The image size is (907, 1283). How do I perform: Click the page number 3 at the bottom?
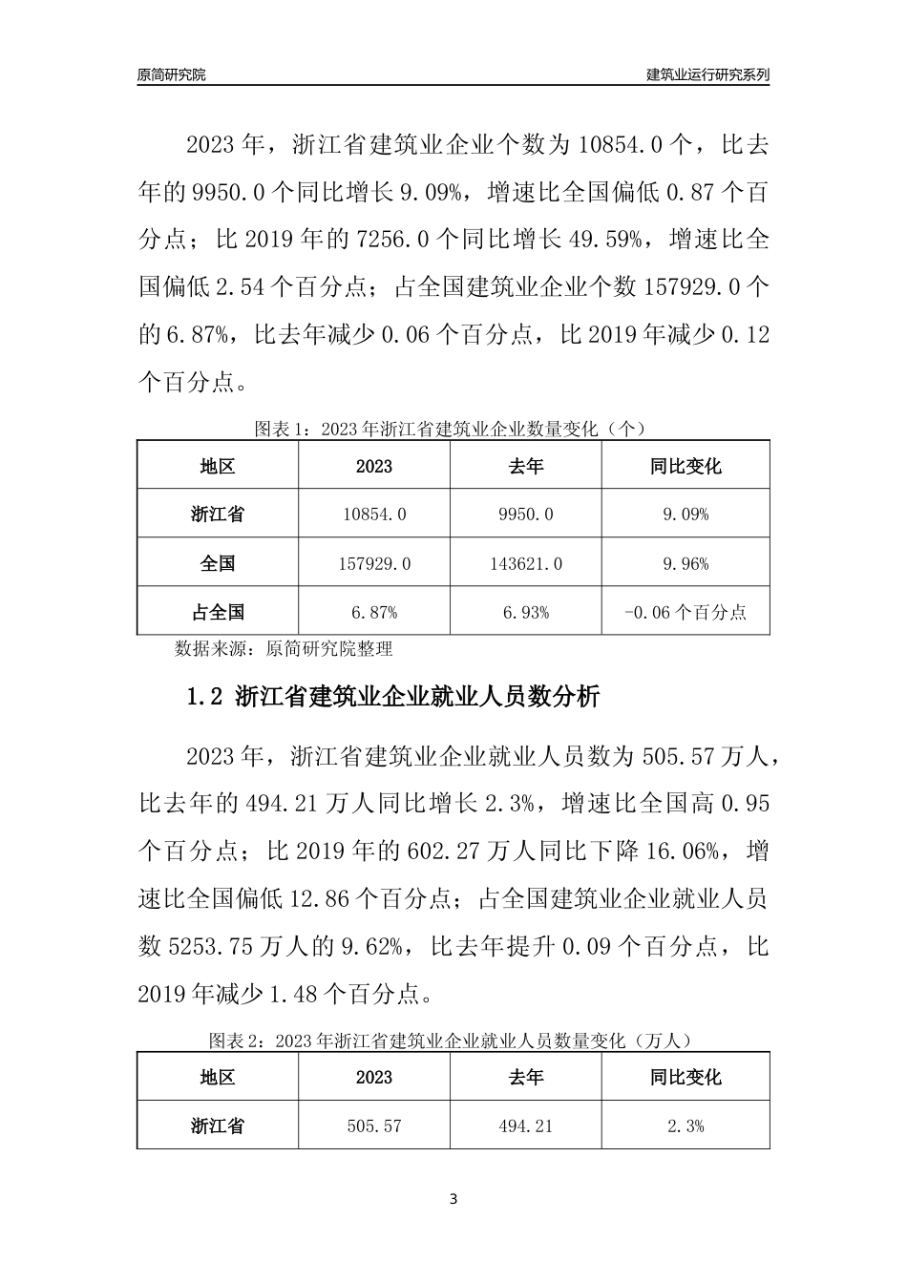pos(453,1199)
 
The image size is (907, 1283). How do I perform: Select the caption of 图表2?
pos(453,1040)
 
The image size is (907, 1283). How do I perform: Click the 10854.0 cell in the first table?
pos(373,515)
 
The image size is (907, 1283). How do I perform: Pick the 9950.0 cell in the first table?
pos(525,515)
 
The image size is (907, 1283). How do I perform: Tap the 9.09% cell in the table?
pos(686,515)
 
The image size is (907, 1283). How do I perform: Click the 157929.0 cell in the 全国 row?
pos(373,564)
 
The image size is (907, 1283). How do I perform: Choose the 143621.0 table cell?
pos(525,564)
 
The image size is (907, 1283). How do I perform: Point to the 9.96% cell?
pos(686,564)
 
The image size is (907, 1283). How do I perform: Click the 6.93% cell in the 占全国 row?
pos(525,613)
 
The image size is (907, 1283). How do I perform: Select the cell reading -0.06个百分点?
pos(686,613)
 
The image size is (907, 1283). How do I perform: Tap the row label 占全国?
pos(218,613)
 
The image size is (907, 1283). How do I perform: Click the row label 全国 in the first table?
pos(218,564)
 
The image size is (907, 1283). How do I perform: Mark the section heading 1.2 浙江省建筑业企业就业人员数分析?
pos(393,697)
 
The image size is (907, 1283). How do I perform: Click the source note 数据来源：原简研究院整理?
pos(284,649)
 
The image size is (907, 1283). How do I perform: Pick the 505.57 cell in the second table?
pos(373,1126)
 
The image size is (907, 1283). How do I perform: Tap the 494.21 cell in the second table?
pos(525,1126)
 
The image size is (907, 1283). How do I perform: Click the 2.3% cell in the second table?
pos(686,1126)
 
